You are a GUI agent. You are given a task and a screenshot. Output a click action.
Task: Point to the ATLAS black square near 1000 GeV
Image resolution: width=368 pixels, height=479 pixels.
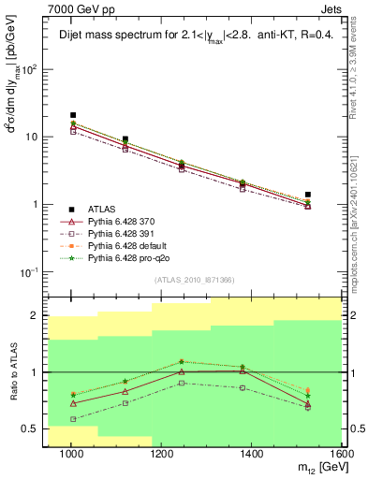[x=73, y=115]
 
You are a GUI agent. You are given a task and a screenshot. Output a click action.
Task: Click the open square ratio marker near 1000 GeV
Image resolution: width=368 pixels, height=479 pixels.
[x=73, y=419]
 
